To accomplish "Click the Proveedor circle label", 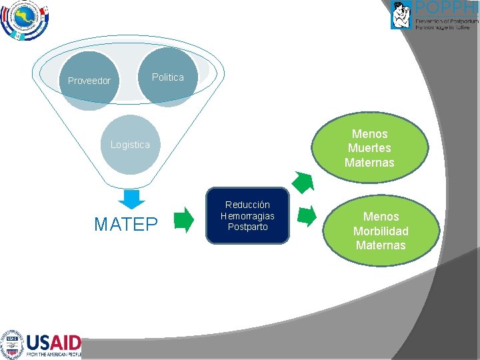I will pos(89,81).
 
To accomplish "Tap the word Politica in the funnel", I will pos(167,77).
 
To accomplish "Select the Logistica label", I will pos(130,145).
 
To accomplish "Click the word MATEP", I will pos(126,225).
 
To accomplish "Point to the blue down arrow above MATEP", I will pos(134,198).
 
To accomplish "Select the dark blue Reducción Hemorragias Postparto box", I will pos(247,215).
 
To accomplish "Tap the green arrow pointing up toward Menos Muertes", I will pos(303,182).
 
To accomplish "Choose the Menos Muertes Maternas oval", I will pos(369,148).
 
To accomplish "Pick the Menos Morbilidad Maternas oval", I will pos(381,231).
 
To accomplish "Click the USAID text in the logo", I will pos(53,343).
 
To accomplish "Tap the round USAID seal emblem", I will pos(11,345).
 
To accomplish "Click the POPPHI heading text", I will pos(446,8).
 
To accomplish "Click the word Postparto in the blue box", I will pos(247,227).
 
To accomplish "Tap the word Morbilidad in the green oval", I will pos(381,231).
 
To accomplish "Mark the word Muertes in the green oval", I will pos(369,148).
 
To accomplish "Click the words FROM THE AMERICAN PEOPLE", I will pos(53,355).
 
